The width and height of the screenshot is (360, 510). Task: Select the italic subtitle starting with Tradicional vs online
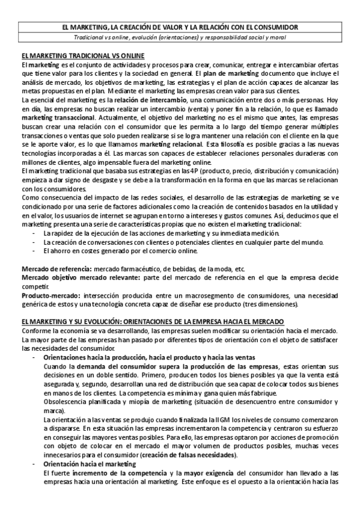[x=180, y=37]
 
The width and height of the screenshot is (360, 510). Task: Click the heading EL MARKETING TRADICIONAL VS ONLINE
[x=82, y=55]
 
